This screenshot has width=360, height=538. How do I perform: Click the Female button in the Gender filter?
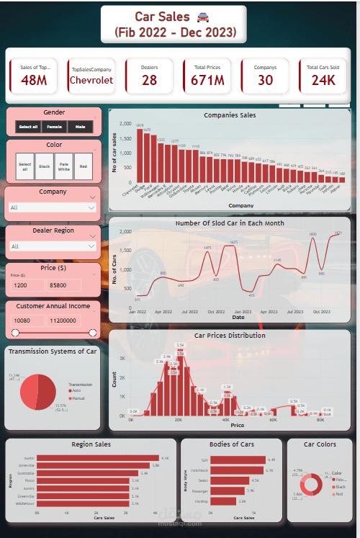[54, 127]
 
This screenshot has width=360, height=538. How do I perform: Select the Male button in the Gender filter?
[79, 127]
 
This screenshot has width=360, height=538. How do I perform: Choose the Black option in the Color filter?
[45, 166]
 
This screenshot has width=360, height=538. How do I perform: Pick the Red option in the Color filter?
[84, 166]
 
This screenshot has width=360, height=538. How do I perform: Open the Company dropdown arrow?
[90, 207]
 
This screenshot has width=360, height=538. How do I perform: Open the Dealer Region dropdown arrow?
[90, 246]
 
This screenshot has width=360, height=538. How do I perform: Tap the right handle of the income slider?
[92, 333]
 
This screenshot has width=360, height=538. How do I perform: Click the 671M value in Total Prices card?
[207, 80]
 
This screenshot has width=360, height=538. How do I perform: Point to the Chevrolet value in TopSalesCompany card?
[91, 81]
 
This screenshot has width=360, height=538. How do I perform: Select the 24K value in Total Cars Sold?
[323, 80]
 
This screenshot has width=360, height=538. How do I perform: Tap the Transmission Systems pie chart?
[38, 392]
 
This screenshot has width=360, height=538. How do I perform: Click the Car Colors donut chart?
[310, 484]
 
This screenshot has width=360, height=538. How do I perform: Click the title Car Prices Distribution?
[230, 336]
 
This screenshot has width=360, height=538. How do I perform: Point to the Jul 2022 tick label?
[189, 313]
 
